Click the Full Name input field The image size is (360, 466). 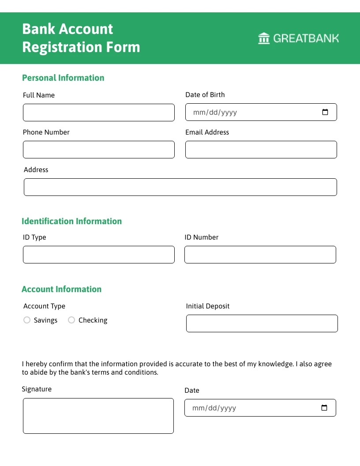tap(98, 113)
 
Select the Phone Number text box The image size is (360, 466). tap(98, 150)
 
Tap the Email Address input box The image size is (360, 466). tap(261, 150)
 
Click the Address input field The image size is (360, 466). tap(180, 187)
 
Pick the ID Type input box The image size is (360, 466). tap(98, 255)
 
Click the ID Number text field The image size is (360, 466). tap(260, 255)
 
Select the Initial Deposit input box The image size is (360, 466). tap(262, 323)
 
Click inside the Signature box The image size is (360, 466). tap(98, 416)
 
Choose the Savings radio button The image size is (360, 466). tap(27, 320)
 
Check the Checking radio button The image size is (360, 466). tap(71, 320)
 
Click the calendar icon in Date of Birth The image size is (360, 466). tap(325, 112)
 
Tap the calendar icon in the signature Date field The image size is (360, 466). tap(324, 408)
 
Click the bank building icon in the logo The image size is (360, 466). tap(264, 38)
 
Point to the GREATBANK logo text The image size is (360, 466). tap(306, 38)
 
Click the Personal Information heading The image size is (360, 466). tap(63, 78)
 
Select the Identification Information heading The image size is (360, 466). tap(71, 221)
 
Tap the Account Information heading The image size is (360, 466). tap(61, 289)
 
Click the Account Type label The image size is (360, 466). tap(44, 306)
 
